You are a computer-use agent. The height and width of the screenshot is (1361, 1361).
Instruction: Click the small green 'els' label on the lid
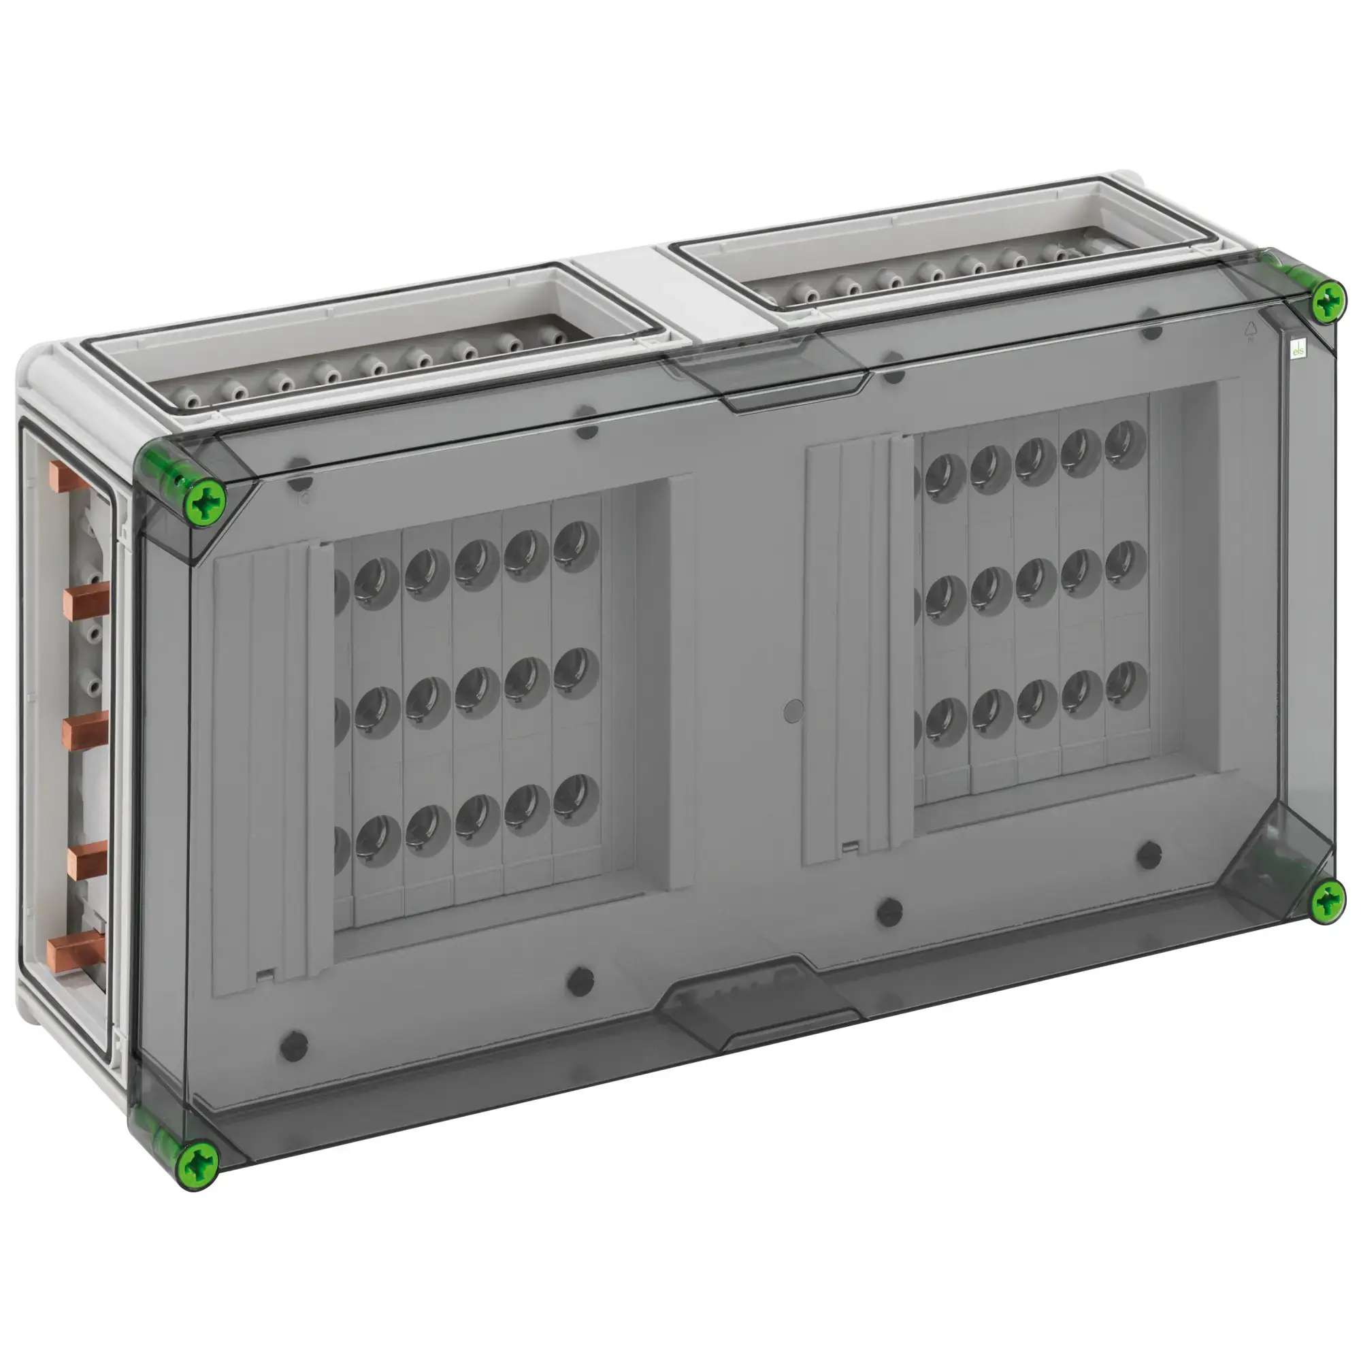tap(1298, 350)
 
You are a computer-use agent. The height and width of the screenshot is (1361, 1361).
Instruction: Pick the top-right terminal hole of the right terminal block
tap(1126, 444)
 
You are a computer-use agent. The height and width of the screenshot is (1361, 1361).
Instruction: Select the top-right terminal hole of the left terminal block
tap(576, 546)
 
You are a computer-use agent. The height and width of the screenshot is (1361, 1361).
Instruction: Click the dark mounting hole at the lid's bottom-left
tap(294, 1047)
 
